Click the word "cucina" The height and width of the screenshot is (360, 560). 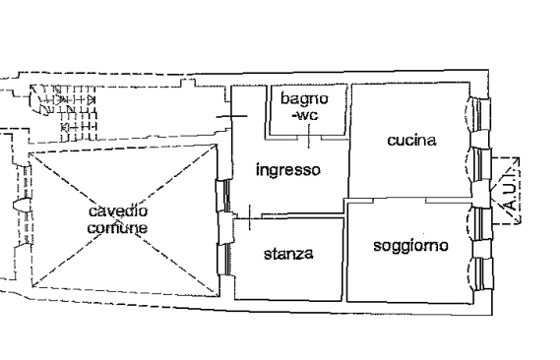coord(411,141)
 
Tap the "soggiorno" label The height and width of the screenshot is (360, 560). coord(410,246)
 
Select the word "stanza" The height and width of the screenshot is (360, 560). coord(288,254)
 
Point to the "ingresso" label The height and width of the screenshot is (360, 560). coord(288,170)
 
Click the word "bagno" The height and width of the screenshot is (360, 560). coord(304,98)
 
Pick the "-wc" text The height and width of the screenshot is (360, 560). coord(305,116)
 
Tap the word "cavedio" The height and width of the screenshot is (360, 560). coord(118,211)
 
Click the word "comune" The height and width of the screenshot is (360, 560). coord(117,228)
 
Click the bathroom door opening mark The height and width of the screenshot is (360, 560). coord(309,137)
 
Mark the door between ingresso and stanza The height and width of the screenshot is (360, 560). coord(250,217)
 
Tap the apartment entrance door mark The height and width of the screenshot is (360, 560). coord(232,116)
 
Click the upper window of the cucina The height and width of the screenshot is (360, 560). coord(479,115)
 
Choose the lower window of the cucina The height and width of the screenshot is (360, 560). coord(480,165)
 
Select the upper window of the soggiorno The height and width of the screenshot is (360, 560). coord(480,223)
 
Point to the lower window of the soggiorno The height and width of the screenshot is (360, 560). coord(481,273)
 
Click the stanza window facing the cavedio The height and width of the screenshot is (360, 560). coord(225,260)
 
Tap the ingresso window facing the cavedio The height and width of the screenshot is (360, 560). coord(224,196)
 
